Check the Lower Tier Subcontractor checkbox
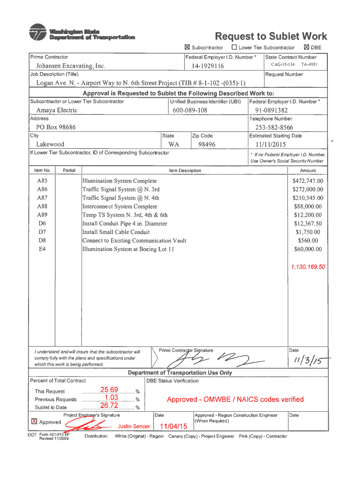point(234,47)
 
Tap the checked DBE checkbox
point(306,47)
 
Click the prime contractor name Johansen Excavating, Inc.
point(71,66)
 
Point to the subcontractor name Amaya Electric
point(57,110)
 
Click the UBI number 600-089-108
point(189,110)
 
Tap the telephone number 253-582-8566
point(274,127)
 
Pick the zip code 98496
point(206,145)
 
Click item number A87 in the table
point(42,198)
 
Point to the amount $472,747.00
point(307,181)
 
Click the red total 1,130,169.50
point(308,267)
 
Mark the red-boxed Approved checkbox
point(34,421)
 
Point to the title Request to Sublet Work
point(271,36)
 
